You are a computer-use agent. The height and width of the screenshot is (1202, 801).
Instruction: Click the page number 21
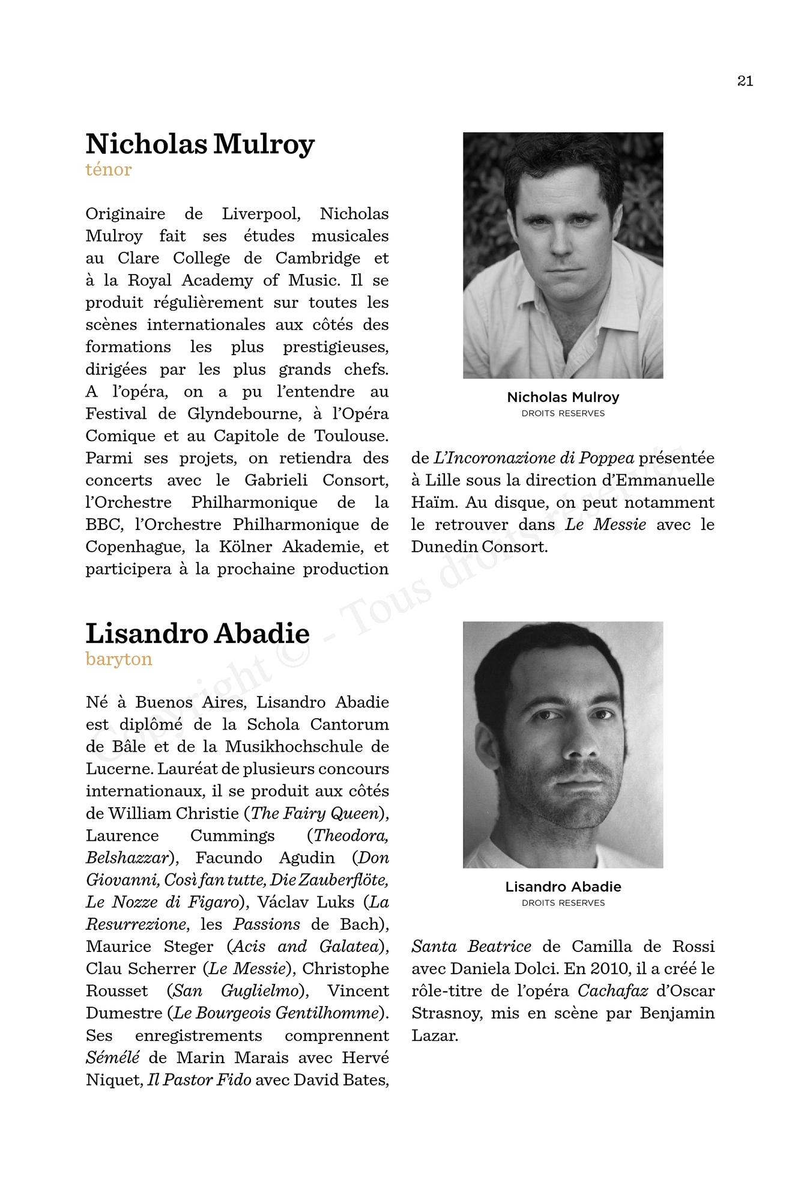pos(745,81)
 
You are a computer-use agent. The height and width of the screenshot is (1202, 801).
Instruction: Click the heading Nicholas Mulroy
pos(200,144)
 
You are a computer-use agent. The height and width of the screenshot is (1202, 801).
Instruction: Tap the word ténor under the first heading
pos(109,170)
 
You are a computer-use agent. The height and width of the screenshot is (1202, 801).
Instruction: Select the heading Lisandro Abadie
pos(198,633)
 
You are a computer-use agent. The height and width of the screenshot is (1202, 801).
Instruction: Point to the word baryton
pos(119,659)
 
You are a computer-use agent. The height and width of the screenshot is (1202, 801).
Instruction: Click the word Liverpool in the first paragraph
pos(261,214)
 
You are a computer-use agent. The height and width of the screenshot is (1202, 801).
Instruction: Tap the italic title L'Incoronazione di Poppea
pos(534,459)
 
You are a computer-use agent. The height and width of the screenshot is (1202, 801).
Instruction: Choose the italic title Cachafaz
pos(612,991)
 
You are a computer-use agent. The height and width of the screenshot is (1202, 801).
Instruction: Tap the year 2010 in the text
pos(609,969)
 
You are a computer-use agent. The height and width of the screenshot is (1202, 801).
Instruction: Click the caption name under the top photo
pos(563,397)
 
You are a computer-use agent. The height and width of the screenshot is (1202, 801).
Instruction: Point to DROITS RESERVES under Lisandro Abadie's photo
pos(563,903)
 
